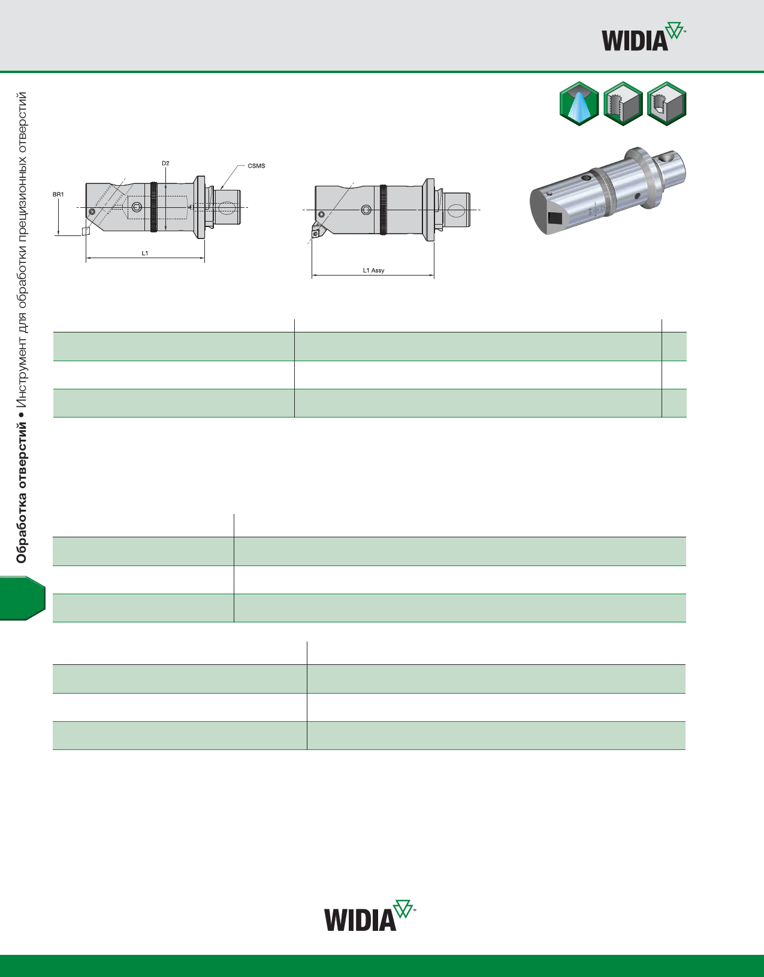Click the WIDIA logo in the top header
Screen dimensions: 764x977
point(644,37)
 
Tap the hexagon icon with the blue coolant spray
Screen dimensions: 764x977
point(579,104)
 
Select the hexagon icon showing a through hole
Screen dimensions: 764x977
point(623,104)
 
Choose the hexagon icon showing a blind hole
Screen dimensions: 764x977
point(666,104)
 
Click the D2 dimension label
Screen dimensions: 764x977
point(165,163)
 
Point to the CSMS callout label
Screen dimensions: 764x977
point(256,166)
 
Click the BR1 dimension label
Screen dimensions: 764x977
point(58,194)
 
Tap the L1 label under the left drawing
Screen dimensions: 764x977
point(145,253)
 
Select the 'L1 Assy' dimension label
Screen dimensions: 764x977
point(374,270)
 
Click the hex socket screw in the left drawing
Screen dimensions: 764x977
point(137,207)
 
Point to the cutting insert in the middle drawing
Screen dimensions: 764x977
point(317,232)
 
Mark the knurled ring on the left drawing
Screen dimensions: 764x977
point(154,207)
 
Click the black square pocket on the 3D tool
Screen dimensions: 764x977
point(555,219)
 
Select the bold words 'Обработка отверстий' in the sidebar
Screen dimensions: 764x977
point(21,493)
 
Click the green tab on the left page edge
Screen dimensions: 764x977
point(23,598)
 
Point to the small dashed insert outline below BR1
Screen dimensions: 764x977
point(86,231)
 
